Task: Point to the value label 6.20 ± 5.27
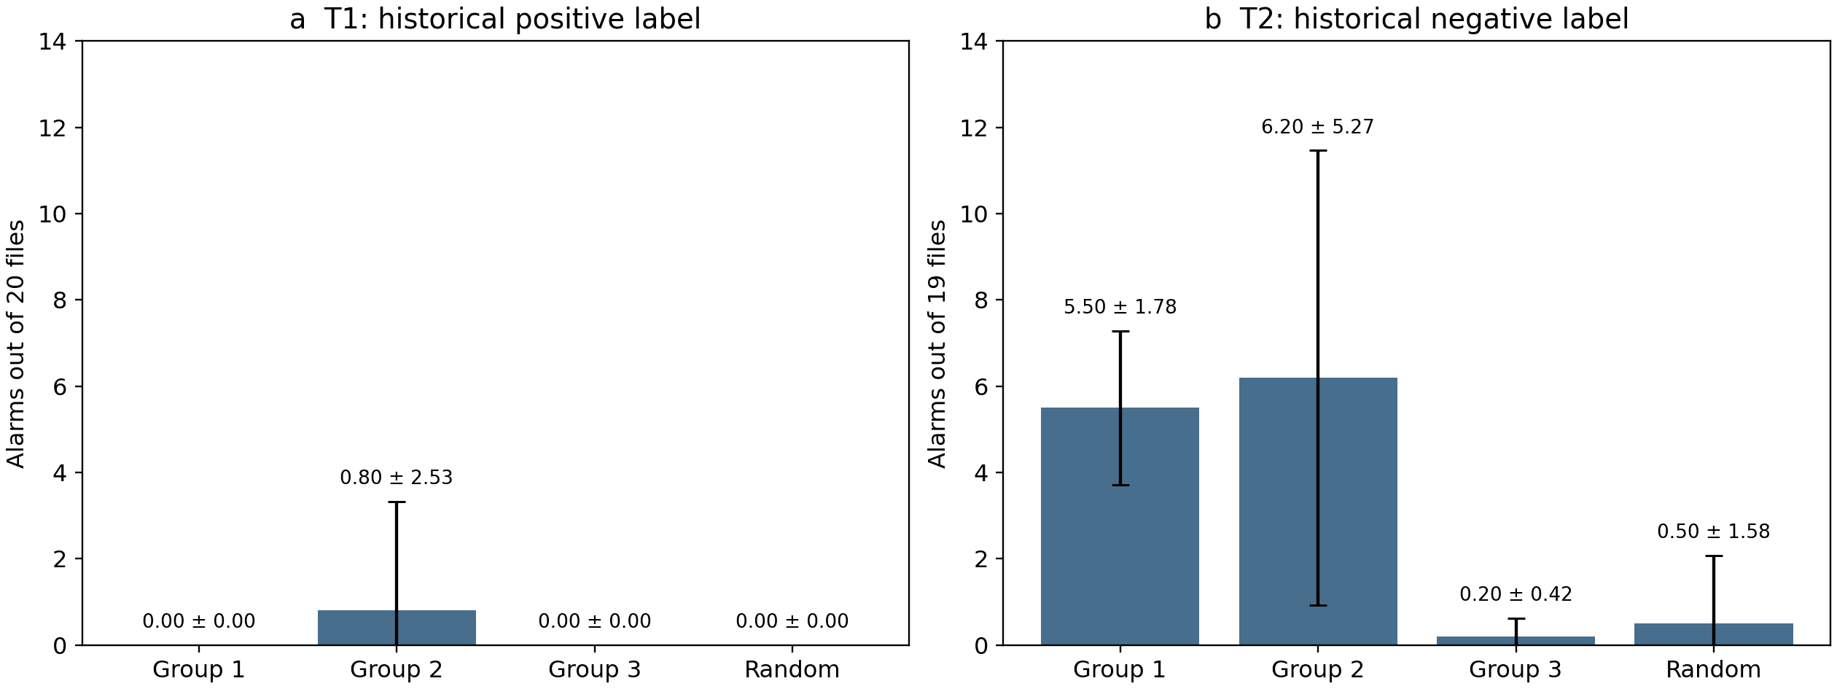click(x=1318, y=128)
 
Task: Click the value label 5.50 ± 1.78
click(x=1120, y=307)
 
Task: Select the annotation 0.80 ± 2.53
click(x=397, y=478)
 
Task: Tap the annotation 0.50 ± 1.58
click(x=1714, y=532)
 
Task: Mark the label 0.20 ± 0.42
click(x=1516, y=594)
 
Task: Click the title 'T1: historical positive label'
click(x=512, y=19)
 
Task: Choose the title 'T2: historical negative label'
click(x=1434, y=19)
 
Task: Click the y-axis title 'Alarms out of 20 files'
click(x=16, y=343)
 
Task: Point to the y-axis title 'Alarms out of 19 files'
click(x=937, y=343)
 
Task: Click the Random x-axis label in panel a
click(x=792, y=669)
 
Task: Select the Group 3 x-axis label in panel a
click(x=595, y=669)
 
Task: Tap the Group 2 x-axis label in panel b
click(x=1318, y=669)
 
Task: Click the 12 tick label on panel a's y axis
click(x=52, y=128)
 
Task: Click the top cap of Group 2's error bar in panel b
click(x=1318, y=151)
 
